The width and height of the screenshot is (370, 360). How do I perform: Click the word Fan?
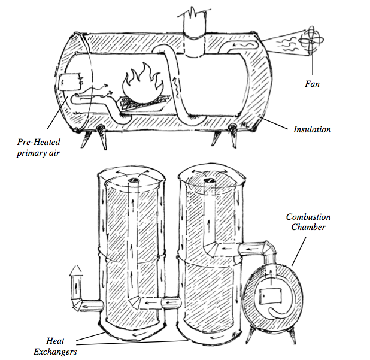click(x=311, y=84)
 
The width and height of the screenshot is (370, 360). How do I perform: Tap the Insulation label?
click(x=312, y=129)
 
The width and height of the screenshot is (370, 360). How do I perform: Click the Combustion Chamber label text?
click(x=308, y=222)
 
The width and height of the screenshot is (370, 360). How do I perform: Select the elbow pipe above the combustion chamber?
click(x=264, y=247)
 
